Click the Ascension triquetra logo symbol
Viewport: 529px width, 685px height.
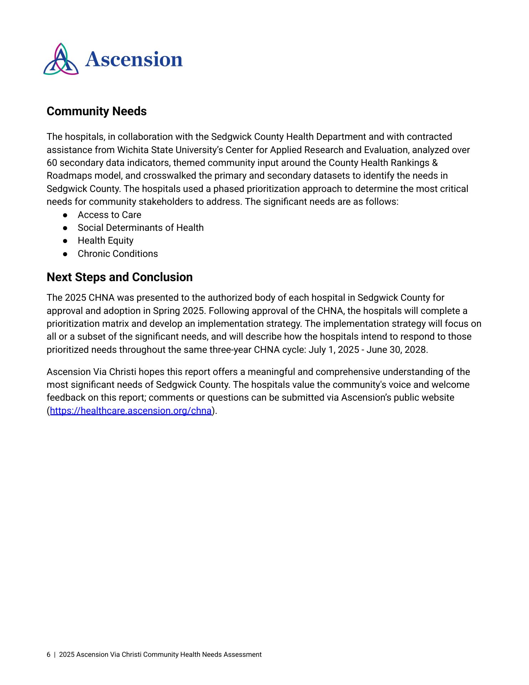point(61,59)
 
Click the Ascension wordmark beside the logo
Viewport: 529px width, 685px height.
point(134,59)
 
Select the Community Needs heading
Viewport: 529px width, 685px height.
point(97,111)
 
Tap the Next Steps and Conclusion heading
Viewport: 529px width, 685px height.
point(119,277)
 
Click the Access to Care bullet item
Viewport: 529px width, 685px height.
point(109,215)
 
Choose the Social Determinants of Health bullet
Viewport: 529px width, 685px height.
point(140,228)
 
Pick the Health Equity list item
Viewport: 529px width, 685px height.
point(106,240)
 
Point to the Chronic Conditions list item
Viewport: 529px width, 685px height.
point(118,254)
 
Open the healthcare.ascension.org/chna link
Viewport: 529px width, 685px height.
point(131,411)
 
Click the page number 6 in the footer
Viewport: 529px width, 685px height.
point(48,655)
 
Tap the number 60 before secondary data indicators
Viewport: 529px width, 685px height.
point(52,163)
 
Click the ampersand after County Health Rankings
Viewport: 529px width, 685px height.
point(435,163)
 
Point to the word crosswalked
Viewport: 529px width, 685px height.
point(168,176)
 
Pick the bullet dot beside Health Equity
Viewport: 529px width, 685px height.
point(65,241)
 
